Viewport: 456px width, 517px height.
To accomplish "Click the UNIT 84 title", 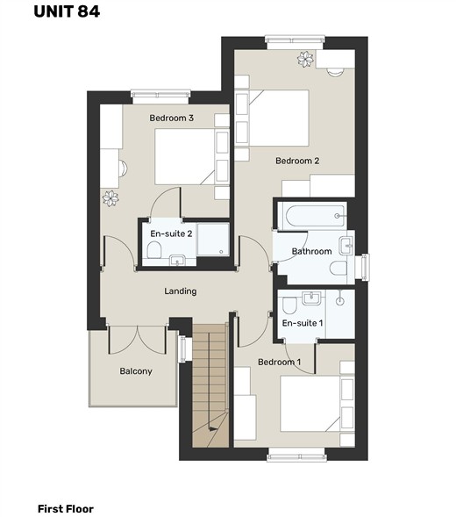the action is point(67,11).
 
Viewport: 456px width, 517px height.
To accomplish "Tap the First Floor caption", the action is point(66,509).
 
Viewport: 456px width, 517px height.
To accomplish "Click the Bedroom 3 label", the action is point(171,118).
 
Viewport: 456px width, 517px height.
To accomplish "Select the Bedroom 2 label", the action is point(297,161).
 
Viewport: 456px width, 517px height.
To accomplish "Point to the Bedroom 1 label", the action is point(280,362).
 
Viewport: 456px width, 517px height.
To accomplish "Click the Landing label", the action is point(181,291).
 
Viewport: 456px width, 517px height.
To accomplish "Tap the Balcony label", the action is point(136,371).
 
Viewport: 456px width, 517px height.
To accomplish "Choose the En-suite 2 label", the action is point(171,233).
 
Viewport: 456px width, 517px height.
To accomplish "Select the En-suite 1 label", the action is point(303,323).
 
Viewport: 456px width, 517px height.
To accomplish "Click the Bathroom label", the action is point(311,251).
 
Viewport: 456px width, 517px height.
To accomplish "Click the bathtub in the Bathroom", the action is point(312,216).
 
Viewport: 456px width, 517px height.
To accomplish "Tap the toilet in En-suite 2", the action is point(153,250).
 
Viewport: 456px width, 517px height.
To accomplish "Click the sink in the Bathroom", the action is point(346,246).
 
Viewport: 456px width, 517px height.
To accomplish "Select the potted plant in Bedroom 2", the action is point(305,60).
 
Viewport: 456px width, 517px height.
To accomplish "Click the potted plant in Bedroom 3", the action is point(110,198).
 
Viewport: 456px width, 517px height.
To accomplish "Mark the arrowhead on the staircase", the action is point(212,429).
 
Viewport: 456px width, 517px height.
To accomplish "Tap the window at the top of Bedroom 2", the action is point(296,39).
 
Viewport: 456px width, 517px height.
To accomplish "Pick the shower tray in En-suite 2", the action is point(213,239).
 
